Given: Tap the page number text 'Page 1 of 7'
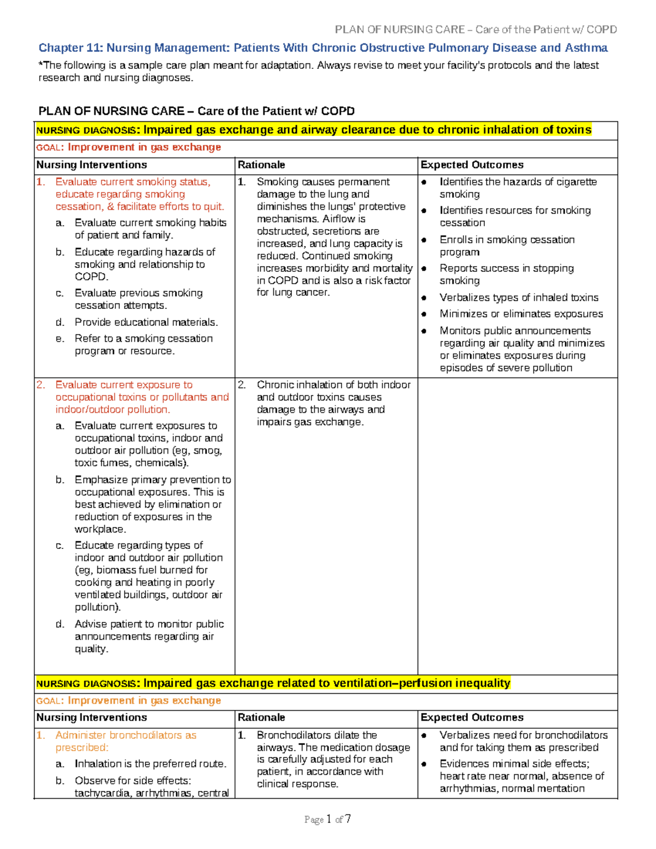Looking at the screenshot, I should (327, 819).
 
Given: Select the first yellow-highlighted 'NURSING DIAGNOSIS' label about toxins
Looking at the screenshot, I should (86, 130).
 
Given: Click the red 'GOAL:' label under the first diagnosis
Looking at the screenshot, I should (50, 148).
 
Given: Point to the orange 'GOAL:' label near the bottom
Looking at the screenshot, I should (50, 701).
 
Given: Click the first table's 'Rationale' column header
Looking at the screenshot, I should (261, 165).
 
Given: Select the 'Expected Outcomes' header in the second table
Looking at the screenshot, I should (472, 717).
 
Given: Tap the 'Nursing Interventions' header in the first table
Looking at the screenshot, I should (91, 165).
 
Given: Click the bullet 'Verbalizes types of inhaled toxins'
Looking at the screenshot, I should (519, 297).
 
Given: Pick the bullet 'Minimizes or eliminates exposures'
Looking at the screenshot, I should (521, 314).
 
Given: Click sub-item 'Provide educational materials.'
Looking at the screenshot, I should (146, 322).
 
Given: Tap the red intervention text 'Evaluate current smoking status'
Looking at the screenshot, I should (132, 182).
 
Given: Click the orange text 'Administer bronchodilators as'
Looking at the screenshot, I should (126, 735).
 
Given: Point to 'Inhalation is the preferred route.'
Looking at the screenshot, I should (150, 764).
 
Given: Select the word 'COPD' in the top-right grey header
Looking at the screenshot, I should (601, 30).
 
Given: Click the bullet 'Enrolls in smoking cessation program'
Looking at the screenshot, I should (507, 245).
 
